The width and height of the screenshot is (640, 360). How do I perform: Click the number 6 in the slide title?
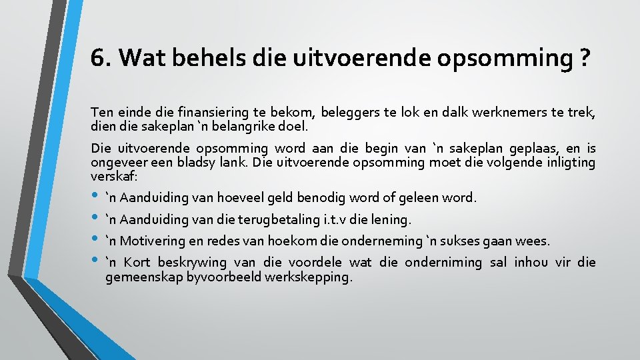pos(97,59)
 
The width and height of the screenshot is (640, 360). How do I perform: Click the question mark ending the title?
pos(584,59)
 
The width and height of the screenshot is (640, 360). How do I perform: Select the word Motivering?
pos(153,241)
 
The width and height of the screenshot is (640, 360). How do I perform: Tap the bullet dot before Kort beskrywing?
pos(96,259)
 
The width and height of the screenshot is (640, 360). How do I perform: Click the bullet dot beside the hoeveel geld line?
pos(96,195)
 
